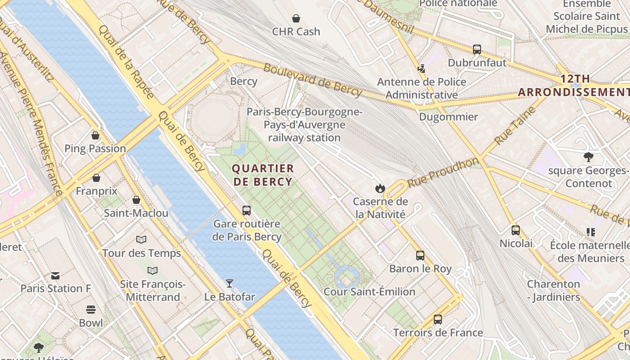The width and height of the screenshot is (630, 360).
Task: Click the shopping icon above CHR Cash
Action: click(296, 18)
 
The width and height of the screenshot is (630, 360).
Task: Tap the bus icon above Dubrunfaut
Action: click(477, 49)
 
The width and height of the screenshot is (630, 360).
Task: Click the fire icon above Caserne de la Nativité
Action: click(380, 188)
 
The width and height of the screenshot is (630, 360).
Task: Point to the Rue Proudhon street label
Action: click(443, 172)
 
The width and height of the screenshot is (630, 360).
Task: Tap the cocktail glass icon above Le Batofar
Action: click(229, 283)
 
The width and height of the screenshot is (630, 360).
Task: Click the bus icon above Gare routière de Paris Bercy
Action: click(247, 210)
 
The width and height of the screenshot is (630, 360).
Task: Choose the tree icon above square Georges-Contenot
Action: click(588, 157)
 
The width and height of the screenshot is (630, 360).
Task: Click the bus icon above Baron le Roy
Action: click(420, 256)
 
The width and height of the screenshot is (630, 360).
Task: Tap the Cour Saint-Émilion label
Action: click(369, 292)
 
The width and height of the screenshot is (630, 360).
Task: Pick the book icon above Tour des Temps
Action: click(141, 240)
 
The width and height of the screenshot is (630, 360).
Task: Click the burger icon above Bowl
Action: click(91, 310)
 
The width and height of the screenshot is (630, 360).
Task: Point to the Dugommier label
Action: click(448, 117)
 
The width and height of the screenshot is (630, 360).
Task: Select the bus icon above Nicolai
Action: click(516, 230)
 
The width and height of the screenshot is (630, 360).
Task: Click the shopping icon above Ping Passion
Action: click(95, 135)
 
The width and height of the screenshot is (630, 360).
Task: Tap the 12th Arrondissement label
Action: click(574, 85)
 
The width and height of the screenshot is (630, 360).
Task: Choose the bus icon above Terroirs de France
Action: click(438, 319)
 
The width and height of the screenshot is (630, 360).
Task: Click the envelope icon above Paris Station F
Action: click(55, 275)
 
